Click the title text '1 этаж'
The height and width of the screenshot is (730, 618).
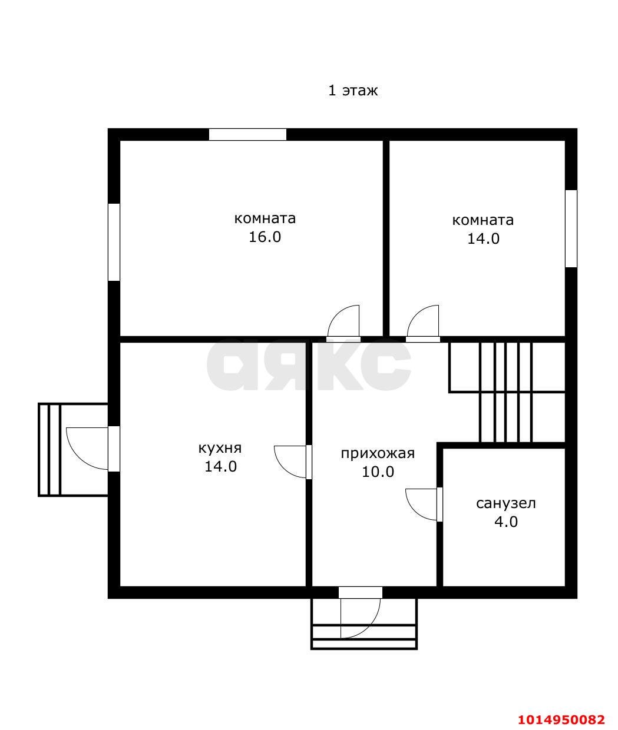353,91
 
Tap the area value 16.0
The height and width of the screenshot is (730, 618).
265,237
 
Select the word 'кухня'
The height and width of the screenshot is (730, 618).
220,449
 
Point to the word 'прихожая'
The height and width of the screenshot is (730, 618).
378,454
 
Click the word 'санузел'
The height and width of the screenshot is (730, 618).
505,503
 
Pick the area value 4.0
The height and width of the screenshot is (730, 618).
506,522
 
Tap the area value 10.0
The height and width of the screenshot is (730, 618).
378,472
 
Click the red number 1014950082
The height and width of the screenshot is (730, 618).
561,719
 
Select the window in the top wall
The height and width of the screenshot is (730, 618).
247,135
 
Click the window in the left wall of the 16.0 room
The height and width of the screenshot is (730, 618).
114,242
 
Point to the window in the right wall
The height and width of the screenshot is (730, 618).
571,228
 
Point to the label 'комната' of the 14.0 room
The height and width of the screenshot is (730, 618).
482,220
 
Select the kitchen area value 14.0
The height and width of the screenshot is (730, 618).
220,467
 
